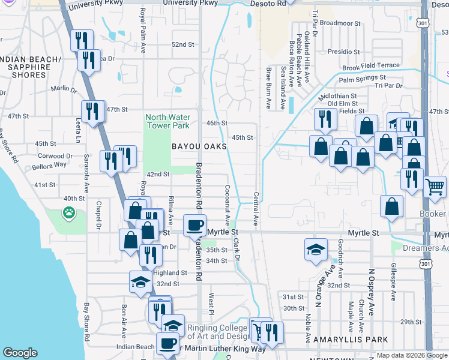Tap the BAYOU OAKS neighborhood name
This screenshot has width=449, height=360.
(x=199, y=146)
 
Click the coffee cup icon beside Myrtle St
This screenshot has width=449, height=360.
(x=194, y=226)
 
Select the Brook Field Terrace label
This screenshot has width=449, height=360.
(x=371, y=67)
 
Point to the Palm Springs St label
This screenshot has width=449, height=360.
(x=362, y=79)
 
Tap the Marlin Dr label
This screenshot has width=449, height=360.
(x=64, y=89)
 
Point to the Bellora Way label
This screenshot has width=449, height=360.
(x=50, y=164)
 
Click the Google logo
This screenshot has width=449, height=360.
(x=21, y=353)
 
